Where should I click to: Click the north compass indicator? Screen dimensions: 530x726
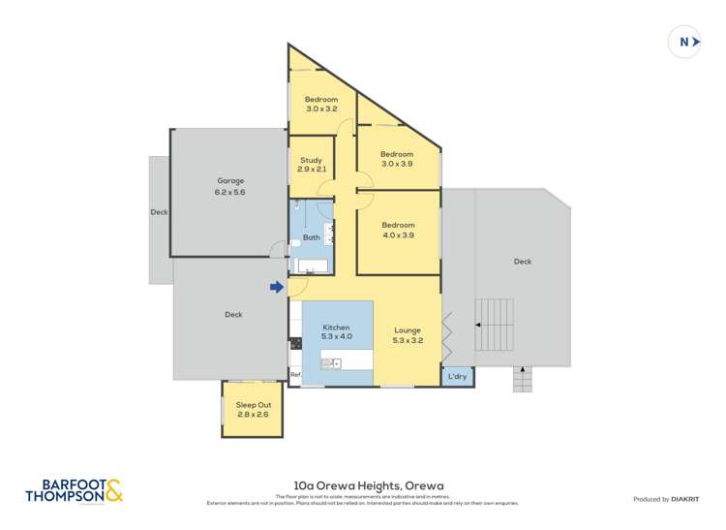tap(684, 42)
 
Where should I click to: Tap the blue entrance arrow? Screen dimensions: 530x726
tap(277, 287)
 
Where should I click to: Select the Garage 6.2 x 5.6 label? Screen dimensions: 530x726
tap(230, 186)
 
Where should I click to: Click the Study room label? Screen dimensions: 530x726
tap(311, 165)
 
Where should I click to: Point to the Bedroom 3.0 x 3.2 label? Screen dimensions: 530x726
tap(321, 104)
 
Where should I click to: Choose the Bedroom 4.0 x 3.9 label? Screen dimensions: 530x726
tap(397, 230)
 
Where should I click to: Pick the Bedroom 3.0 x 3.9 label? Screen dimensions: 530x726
tap(396, 159)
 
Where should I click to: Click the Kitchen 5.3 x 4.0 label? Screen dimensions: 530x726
tap(336, 332)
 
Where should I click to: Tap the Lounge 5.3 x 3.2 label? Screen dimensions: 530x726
tap(408, 335)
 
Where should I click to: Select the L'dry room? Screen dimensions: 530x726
tap(458, 376)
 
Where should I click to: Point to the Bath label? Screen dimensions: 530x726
tap(312, 237)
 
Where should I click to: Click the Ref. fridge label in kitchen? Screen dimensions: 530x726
tap(295, 374)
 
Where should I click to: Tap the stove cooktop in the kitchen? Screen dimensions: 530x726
tap(295, 343)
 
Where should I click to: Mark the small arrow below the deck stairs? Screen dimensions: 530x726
tap(522, 369)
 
